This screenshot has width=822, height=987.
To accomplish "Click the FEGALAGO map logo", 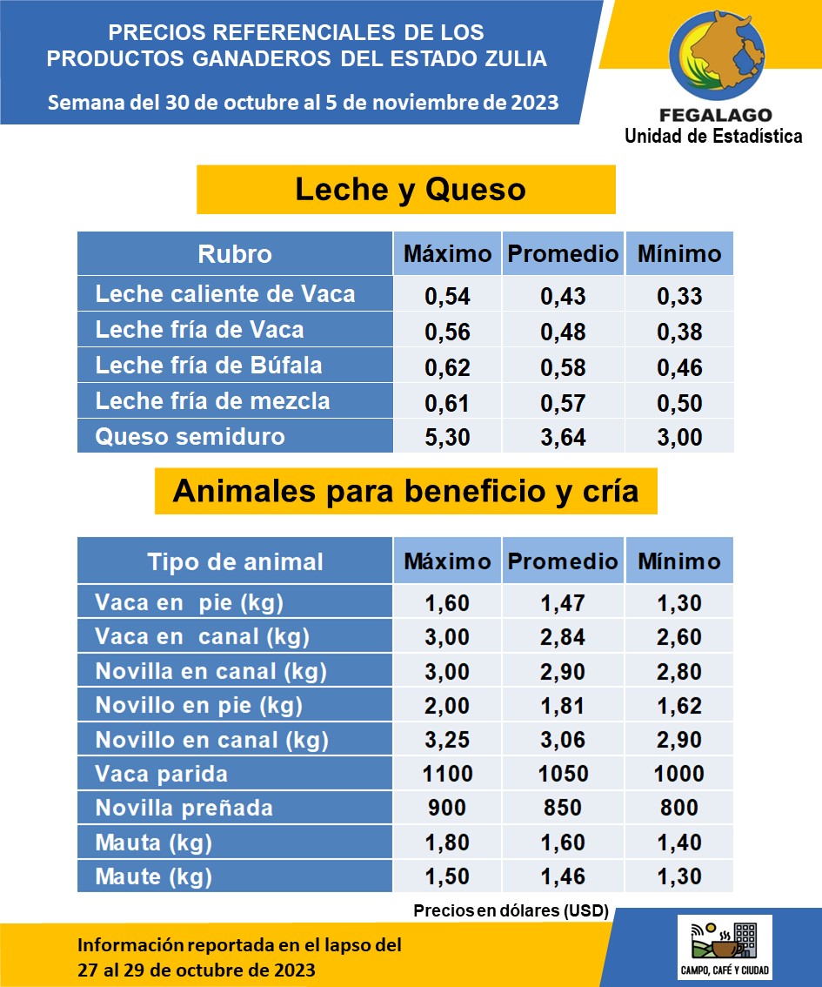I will click(713, 57).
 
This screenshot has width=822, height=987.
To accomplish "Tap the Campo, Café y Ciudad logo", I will click(725, 947).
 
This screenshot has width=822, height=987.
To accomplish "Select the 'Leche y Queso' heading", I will click(411, 189).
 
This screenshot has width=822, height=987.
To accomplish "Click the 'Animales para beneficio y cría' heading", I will click(405, 491).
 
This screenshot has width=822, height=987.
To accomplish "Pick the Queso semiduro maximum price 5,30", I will click(447, 437).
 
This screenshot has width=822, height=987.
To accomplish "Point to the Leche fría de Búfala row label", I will click(209, 366).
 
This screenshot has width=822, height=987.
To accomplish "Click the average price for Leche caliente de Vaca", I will click(563, 296).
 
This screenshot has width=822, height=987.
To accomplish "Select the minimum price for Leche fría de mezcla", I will click(678, 402).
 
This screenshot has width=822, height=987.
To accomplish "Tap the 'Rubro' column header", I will click(235, 254).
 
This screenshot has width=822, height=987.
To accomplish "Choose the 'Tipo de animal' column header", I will click(235, 561).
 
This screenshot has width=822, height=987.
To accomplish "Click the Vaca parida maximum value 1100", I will click(447, 774).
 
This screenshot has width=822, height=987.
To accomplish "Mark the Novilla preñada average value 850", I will click(563, 808).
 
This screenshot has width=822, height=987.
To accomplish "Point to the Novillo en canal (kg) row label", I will click(211, 740).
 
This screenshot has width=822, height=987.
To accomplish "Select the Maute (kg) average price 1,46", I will click(563, 876).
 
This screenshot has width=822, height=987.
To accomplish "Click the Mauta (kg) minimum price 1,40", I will click(678, 842).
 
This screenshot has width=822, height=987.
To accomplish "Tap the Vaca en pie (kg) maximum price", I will click(447, 603).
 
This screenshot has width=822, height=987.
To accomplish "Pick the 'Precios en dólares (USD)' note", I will click(511, 911).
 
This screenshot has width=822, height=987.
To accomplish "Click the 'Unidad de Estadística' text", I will click(713, 136).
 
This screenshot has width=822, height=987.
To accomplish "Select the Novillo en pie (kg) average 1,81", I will click(563, 706).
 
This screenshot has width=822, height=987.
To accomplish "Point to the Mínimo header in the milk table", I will click(678, 254).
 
